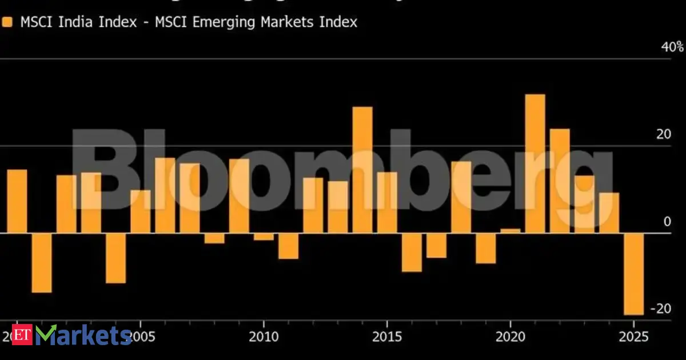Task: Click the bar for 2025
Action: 633,274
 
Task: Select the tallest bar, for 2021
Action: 535,163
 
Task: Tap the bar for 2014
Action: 362,170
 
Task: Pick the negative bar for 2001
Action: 42,262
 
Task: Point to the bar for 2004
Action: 115,258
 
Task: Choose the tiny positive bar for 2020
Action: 510,231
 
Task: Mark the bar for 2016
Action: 412,252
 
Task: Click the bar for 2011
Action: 288,246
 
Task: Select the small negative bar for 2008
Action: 214,238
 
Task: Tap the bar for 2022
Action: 560,181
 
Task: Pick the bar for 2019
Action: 486,248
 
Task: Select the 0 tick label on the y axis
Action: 667,222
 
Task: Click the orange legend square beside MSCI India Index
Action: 7,22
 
